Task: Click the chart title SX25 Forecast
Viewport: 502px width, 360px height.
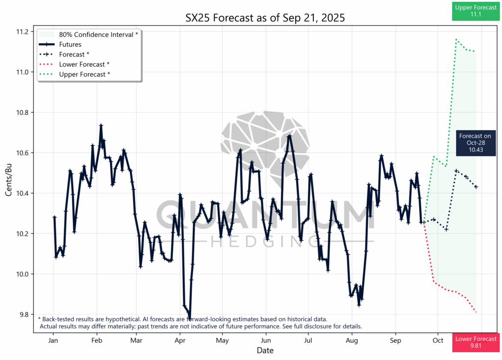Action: tap(265, 18)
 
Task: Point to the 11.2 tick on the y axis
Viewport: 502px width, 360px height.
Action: tap(22, 32)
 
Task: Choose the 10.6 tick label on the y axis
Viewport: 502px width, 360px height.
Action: tap(22, 153)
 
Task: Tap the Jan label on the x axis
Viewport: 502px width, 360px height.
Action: tap(54, 340)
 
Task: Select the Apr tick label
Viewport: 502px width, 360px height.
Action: tap(180, 340)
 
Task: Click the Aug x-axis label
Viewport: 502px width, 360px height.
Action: tap(351, 340)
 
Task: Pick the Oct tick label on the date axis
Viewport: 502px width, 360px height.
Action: tap(438, 340)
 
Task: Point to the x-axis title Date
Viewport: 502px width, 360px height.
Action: tap(265, 350)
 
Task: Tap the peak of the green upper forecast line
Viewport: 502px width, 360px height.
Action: tap(456, 39)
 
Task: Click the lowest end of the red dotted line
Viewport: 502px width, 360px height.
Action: tap(476, 312)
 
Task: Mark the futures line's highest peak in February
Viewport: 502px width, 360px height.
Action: tap(101, 125)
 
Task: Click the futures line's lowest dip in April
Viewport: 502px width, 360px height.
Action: tap(189, 317)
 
